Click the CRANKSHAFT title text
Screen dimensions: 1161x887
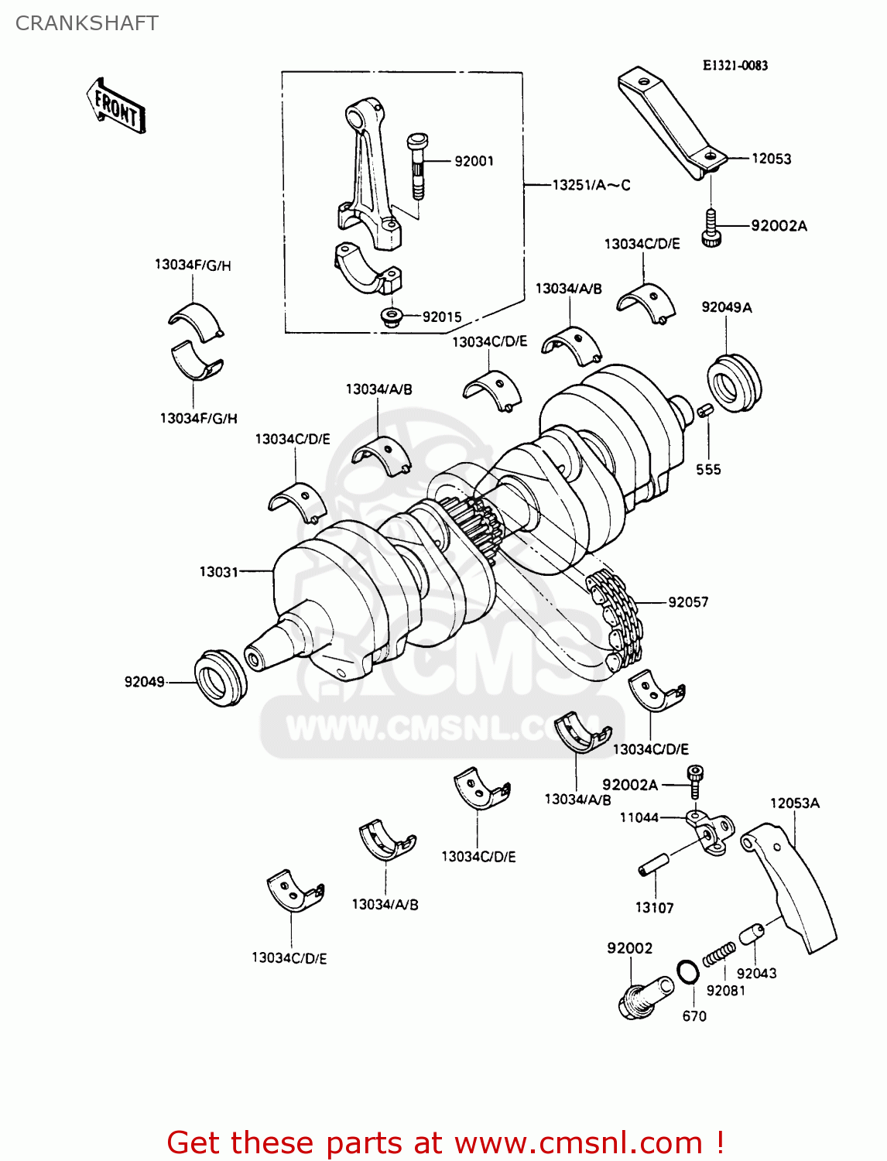pos(87,23)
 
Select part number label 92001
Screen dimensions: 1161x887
pos(474,161)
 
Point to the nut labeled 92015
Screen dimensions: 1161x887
pos(392,317)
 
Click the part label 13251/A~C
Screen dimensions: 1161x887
pos(591,185)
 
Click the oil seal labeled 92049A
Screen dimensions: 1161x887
pos(734,382)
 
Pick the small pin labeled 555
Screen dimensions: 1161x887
pos(704,410)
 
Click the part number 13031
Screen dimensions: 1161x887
pos(219,572)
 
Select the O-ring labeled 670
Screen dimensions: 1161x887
pos(687,972)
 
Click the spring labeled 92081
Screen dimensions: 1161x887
pos(719,955)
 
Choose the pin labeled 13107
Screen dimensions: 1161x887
pos(653,865)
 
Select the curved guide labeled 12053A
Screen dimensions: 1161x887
pos(793,890)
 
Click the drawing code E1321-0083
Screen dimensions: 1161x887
pos(735,66)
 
